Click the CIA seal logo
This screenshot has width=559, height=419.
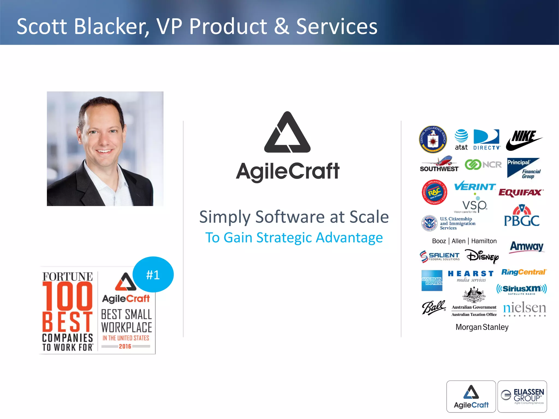pos(433,139)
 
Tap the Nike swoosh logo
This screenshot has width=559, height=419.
pos(524,140)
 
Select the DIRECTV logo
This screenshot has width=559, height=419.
pos(487,140)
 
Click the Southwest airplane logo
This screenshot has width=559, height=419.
pos(439,164)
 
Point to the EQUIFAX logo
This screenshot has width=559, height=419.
pos(521,193)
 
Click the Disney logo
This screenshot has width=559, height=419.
pos(483,256)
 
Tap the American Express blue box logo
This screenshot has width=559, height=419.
pos(432,281)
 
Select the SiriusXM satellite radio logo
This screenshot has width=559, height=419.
pos(521,289)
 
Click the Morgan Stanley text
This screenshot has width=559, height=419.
pos(482,327)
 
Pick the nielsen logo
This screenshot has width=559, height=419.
pos(524,309)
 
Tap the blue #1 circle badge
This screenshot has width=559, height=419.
pos(153,274)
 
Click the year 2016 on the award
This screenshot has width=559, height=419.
pos(125,346)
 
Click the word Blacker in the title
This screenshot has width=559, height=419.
pos(111,26)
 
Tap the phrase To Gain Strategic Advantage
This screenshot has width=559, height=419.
pos(294,238)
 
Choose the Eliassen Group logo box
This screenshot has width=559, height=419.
pos(522,397)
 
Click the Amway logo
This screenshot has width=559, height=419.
pos(527,247)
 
